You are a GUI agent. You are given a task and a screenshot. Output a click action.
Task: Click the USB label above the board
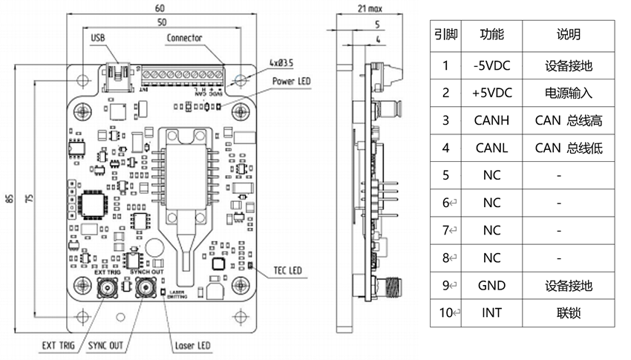coord(98,38)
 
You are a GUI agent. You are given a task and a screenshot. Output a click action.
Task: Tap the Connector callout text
coord(184,38)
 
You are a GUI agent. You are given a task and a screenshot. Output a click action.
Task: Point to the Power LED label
coord(291,80)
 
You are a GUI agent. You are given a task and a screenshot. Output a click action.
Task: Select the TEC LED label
coord(287,269)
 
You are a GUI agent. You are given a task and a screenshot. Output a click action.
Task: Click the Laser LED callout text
coord(192,345)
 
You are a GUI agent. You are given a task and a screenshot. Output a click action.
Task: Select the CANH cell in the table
coord(491,120)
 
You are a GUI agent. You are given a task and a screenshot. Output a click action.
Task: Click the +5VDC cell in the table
coord(491,93)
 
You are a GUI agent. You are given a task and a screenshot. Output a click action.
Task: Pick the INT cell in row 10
coord(491,312)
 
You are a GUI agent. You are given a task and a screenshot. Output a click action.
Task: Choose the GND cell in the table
coord(491,285)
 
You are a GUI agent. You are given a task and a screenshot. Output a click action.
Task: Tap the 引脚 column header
coord(445,35)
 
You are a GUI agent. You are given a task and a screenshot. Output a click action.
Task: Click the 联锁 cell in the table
coord(568,312)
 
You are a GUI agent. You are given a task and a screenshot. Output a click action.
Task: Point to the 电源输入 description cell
coord(568,93)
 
